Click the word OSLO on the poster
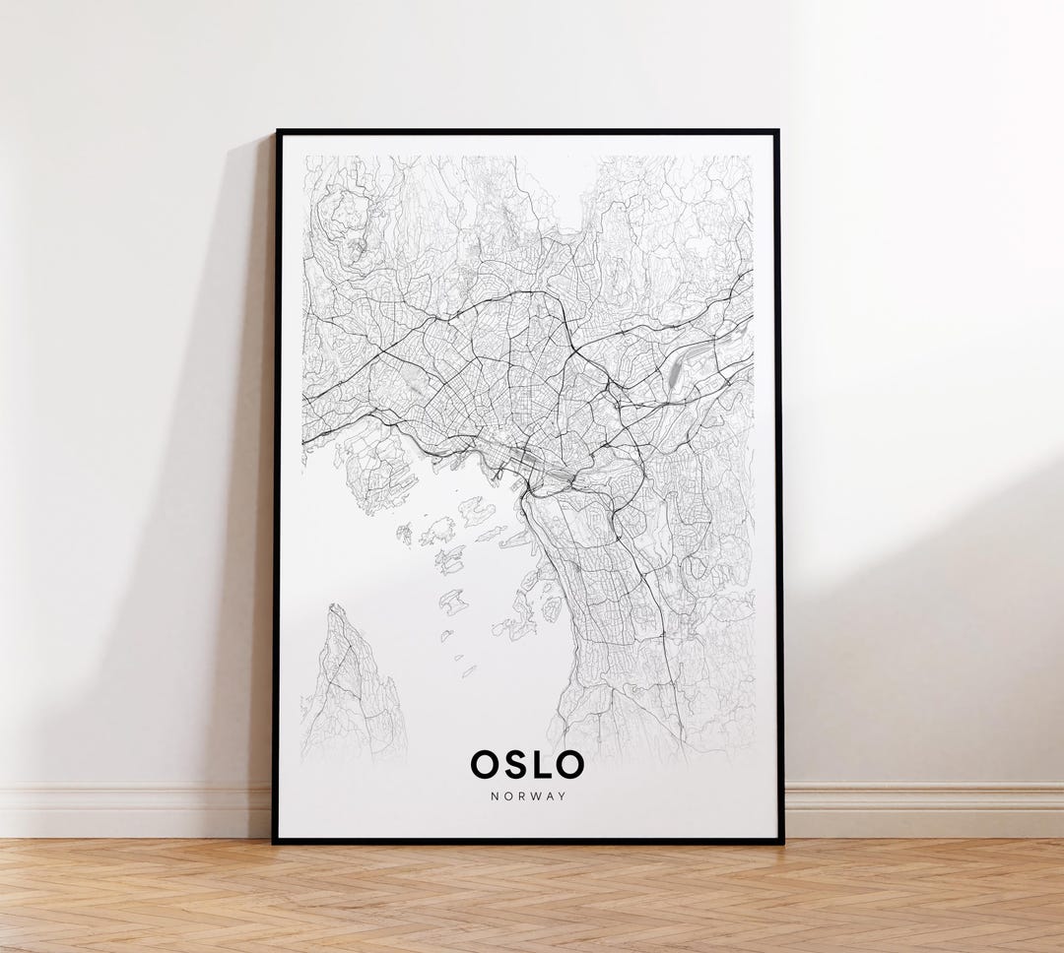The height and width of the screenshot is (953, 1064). (527, 764)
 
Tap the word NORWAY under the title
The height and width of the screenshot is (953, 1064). (528, 795)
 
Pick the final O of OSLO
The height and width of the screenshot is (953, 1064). (568, 764)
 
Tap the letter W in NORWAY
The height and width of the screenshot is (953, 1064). (532, 795)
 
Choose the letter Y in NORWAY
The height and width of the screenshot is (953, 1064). (563, 795)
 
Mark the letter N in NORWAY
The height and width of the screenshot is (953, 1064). (494, 795)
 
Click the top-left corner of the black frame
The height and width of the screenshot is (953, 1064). (278, 132)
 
